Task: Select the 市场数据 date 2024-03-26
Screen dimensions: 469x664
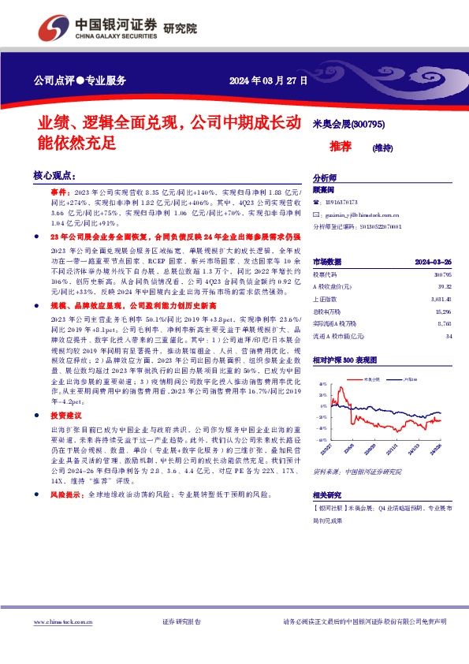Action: coord(433,261)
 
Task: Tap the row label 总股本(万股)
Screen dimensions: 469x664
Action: coord(328,312)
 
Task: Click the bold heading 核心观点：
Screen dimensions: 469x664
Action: coord(53,175)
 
